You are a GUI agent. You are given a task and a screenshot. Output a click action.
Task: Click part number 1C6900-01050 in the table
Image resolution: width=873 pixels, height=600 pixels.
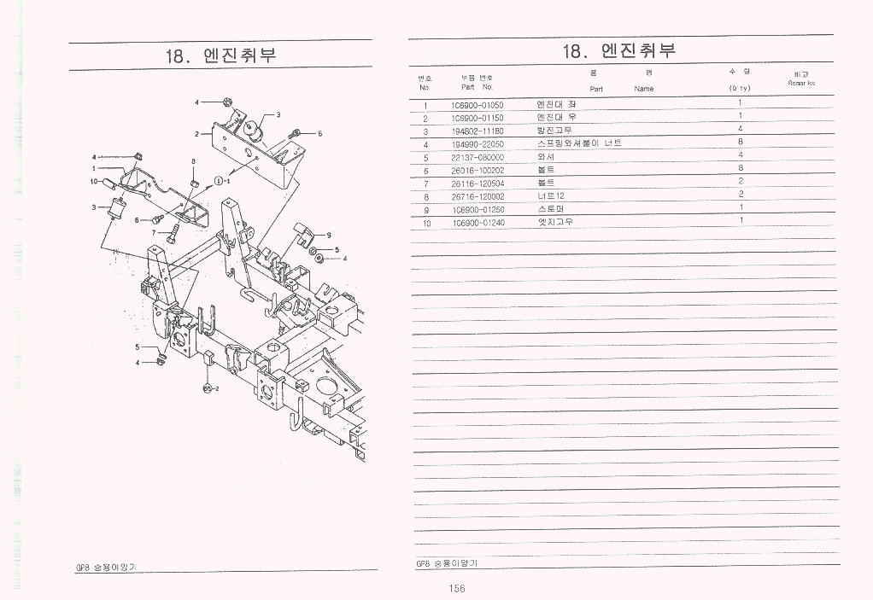(477, 105)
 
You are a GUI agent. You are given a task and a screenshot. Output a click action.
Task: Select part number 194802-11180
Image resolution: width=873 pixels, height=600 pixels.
(477, 131)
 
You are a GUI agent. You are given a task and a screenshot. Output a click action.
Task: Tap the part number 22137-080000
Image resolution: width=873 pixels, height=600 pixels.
(477, 157)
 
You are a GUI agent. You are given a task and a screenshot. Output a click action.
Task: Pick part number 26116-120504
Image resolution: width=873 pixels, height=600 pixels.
(477, 183)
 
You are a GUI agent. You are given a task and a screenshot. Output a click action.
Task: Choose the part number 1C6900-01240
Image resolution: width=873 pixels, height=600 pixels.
(477, 223)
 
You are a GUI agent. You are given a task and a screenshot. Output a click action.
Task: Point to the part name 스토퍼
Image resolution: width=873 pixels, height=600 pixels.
(551, 208)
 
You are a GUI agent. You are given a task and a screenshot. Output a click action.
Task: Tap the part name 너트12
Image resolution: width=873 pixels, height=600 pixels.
(550, 195)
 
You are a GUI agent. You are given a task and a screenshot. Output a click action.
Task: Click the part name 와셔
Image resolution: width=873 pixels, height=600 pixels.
(546, 157)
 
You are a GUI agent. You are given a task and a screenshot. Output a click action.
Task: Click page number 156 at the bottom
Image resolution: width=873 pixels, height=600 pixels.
(455, 588)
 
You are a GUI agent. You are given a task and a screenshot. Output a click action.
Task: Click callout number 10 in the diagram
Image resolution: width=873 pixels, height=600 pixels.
(93, 181)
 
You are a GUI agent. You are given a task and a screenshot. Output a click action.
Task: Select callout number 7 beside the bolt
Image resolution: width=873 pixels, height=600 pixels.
(154, 232)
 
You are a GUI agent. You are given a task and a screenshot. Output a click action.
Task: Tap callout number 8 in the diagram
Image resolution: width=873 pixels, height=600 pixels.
(194, 160)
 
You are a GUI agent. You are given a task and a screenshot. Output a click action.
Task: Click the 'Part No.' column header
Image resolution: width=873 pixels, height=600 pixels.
(477, 86)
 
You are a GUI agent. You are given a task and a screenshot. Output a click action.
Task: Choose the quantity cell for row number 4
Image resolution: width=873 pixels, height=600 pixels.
(740, 143)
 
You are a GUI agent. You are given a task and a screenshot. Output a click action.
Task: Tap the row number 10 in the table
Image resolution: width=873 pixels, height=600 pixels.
(425, 223)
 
